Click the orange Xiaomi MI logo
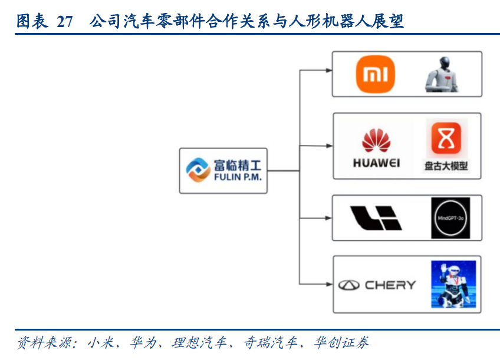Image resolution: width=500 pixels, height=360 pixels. tap(375, 74)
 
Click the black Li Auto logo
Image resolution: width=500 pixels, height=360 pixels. tap(376, 218)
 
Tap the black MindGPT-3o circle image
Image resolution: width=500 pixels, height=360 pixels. tap(450, 218)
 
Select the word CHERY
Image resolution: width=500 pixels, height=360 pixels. tap(390, 285)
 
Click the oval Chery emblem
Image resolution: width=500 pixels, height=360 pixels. tap(348, 285)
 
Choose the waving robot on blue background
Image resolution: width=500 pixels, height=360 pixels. tap(453, 285)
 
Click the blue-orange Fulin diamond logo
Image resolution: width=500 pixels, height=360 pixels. tap(198, 170)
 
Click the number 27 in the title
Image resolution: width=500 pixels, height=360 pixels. tap(65, 22)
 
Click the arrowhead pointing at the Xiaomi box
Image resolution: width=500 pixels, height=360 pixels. tap(328, 71)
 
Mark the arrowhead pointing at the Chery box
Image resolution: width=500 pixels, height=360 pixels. tap(328, 285)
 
